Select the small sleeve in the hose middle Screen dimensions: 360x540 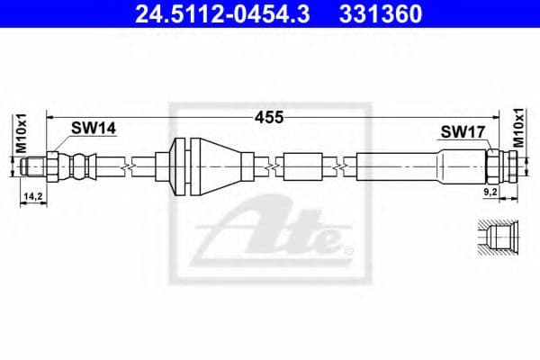tap(301, 166)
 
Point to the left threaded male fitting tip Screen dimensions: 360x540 tap(32, 166)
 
